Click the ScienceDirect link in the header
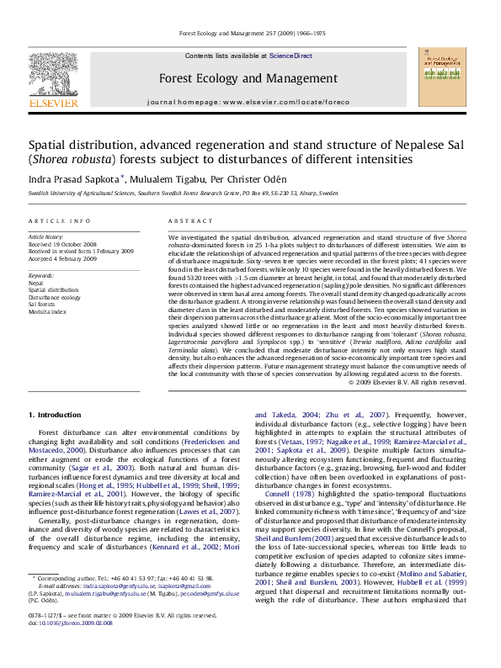click(x=290, y=56)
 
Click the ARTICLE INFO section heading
click(x=60, y=221)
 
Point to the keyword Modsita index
click(x=49, y=311)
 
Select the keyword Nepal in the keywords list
click(x=35, y=284)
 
